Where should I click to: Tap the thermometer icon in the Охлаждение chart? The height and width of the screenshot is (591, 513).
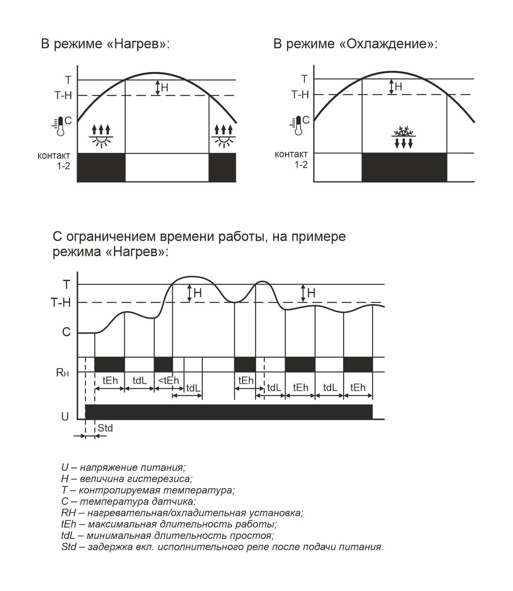297,126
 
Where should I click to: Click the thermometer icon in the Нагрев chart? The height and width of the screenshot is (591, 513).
60,126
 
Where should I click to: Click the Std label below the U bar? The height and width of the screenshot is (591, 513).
105,428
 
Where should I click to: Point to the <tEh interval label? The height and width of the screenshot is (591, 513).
168,380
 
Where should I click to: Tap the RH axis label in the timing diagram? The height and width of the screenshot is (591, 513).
62,373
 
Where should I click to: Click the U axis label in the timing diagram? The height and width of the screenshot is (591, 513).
65,417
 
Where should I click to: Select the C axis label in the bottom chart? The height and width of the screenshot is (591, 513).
66,332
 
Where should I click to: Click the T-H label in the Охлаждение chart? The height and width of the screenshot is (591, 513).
300,95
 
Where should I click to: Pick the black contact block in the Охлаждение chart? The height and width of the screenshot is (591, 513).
404,167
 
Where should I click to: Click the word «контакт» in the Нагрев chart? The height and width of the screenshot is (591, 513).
54,156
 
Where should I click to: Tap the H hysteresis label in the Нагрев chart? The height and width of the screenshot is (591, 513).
165,87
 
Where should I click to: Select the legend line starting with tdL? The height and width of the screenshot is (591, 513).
167,535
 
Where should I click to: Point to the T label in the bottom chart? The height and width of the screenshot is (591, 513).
66,285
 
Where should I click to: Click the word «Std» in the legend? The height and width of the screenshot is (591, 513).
69,547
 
